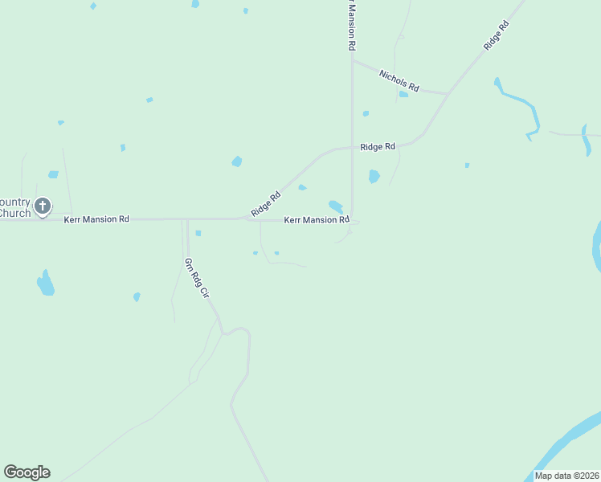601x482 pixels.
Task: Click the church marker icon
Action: point(43,206)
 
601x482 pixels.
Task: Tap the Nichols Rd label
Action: point(399,80)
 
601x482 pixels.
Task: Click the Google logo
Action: point(27,472)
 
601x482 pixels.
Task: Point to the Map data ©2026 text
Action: point(566,476)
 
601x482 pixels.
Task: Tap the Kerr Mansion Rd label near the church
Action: point(96,219)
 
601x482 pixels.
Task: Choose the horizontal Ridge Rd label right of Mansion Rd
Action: point(378,147)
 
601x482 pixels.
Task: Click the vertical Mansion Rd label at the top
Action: point(351,27)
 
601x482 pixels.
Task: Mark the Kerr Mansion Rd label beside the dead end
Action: point(317,219)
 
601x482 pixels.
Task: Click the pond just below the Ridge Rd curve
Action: point(374,176)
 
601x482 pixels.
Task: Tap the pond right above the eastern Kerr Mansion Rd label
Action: point(336,206)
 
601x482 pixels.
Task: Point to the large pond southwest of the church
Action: point(46,283)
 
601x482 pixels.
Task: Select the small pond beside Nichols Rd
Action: point(403,94)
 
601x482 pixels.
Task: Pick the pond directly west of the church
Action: point(53,174)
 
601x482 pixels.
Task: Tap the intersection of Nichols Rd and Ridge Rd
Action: point(448,93)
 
